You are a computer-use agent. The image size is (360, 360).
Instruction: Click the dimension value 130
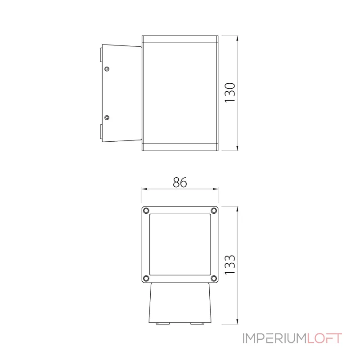pyautogui.click(x=230, y=93)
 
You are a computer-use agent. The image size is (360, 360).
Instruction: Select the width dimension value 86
pyautogui.click(x=180, y=182)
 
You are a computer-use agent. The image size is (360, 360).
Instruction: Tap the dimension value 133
pyautogui.click(x=230, y=265)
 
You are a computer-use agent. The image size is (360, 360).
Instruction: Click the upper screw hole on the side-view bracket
pyautogui.click(x=107, y=69)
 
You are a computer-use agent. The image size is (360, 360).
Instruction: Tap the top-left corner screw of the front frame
pyautogui.click(x=146, y=210)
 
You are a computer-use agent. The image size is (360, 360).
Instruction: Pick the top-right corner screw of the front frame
pyautogui.click(x=214, y=210)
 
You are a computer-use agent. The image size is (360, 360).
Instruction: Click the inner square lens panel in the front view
pyautogui.click(x=180, y=244)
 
